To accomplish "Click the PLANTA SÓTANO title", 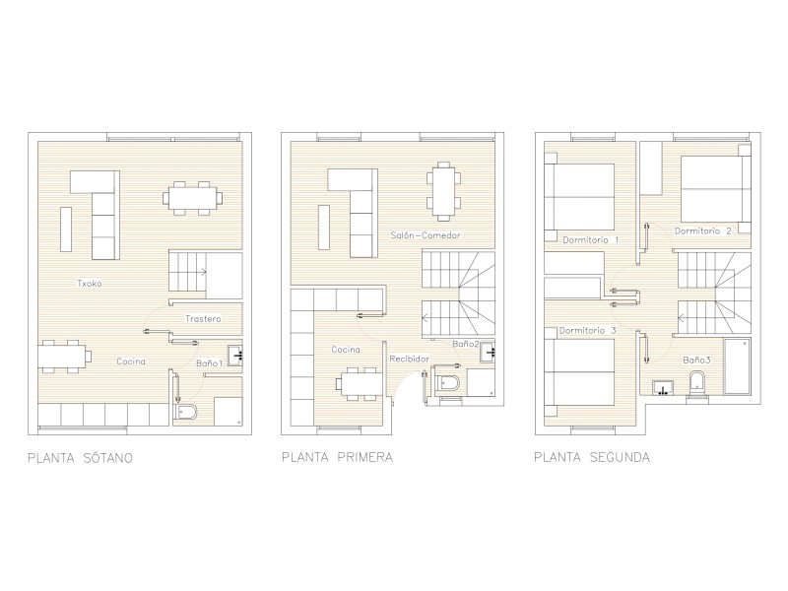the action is pyautogui.click(x=80, y=458).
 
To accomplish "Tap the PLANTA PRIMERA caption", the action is pyautogui.click(x=337, y=457).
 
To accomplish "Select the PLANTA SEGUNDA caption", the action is pyautogui.click(x=592, y=457).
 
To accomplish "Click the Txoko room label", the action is pyautogui.click(x=90, y=284).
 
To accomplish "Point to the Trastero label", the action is pyautogui.click(x=203, y=318).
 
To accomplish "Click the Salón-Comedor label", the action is pyautogui.click(x=426, y=235).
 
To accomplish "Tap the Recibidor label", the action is pyautogui.click(x=410, y=359).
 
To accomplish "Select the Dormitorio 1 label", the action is pyautogui.click(x=590, y=240).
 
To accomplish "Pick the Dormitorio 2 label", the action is pyautogui.click(x=703, y=231).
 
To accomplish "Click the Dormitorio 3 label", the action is pyautogui.click(x=587, y=331).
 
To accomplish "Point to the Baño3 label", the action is pyautogui.click(x=696, y=361).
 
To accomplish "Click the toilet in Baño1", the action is pyautogui.click(x=184, y=412).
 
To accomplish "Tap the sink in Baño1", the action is pyautogui.click(x=235, y=356).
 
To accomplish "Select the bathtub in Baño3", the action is pyautogui.click(x=737, y=365).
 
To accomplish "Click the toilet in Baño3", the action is pyautogui.click(x=697, y=384).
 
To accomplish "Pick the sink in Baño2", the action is pyautogui.click(x=488, y=352).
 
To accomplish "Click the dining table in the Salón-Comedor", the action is pyautogui.click(x=443, y=191).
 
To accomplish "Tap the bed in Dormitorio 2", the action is pyautogui.click(x=716, y=189).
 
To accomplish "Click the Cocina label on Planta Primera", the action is pyautogui.click(x=346, y=350).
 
